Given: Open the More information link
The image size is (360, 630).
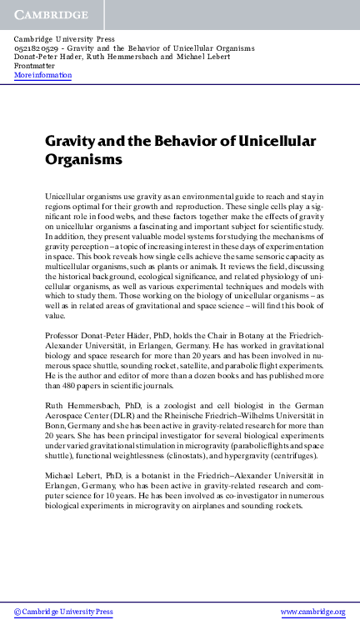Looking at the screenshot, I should (x=43, y=75).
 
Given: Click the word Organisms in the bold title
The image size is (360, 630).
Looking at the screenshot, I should (x=83, y=159).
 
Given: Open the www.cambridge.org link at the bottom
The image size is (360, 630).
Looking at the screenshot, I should (x=312, y=612).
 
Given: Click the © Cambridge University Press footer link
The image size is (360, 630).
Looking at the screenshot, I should (x=63, y=612).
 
